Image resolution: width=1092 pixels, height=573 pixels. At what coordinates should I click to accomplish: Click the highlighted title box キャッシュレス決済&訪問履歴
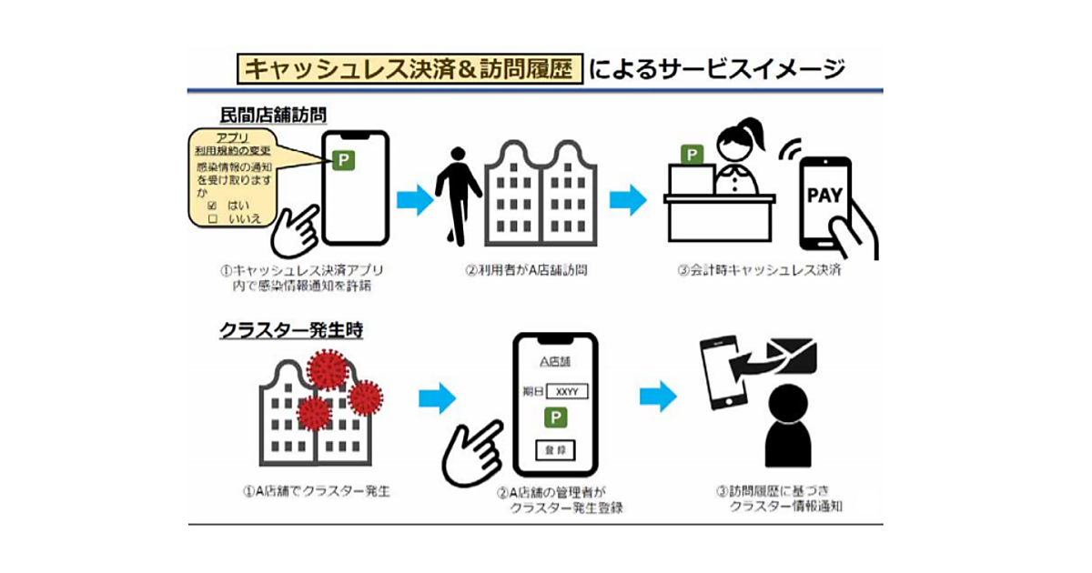pyautogui.click(x=409, y=69)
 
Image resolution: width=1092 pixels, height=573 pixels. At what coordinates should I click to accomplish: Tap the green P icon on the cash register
pyautogui.click(x=694, y=155)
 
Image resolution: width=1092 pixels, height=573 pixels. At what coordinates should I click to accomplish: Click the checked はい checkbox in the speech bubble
pyautogui.click(x=212, y=206)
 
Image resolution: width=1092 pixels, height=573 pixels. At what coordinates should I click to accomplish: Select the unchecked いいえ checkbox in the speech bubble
pyautogui.click(x=212, y=219)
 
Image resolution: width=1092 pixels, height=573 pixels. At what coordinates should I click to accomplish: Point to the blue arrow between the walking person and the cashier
pyautogui.click(x=627, y=200)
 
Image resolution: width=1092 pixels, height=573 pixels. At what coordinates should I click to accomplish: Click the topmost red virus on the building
pyautogui.click(x=328, y=368)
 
